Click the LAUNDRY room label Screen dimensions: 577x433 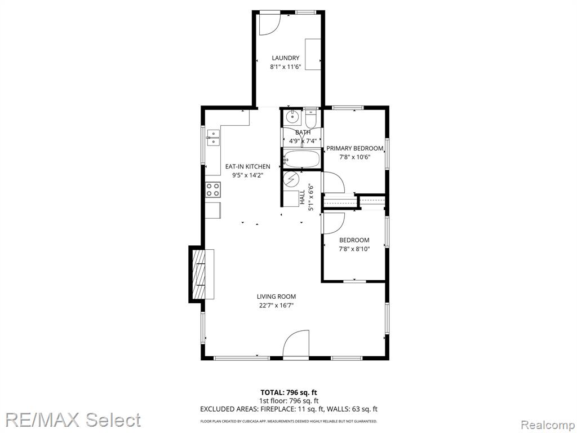click(x=286, y=58)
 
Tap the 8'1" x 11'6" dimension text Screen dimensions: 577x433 click(x=286, y=67)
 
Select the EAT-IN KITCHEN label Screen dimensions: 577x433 click(x=248, y=167)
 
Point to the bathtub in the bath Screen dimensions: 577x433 click(x=301, y=159)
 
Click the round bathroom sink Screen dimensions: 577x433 click(x=293, y=117)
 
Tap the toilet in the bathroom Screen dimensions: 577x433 click(x=311, y=117)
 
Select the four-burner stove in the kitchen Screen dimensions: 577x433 click(x=212, y=189)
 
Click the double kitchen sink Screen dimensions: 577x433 click(x=213, y=138)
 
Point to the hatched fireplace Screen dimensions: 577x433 click(x=199, y=275)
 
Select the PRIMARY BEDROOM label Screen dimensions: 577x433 click(x=355, y=148)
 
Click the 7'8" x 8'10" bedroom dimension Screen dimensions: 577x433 click(x=354, y=249)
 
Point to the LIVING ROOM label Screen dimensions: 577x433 click(x=276, y=297)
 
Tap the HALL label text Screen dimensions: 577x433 click(x=302, y=197)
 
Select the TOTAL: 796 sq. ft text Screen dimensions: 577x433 click(x=288, y=392)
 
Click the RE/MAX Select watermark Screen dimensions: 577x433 click(x=73, y=420)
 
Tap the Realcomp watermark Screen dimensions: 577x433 click(x=548, y=425)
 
